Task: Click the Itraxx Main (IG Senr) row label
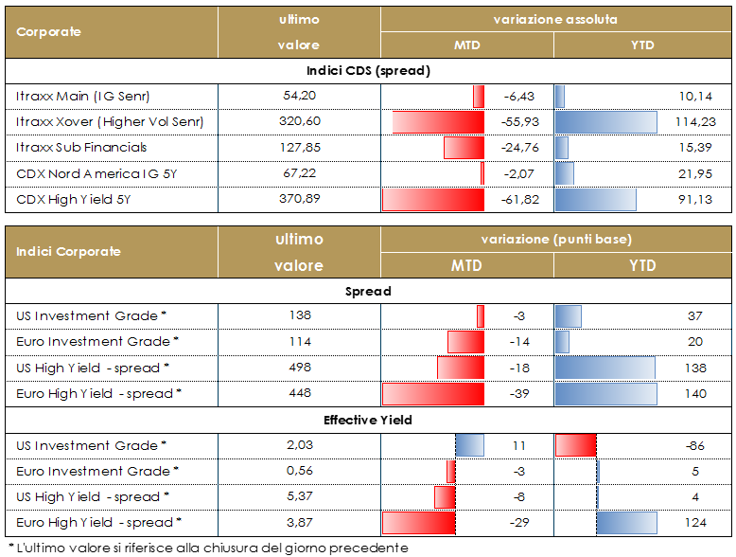tap(83, 97)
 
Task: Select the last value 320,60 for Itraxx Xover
tap(301, 122)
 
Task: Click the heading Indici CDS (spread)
tap(368, 71)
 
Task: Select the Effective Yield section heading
tap(368, 420)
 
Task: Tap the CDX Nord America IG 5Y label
tap(98, 174)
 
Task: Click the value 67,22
tap(300, 174)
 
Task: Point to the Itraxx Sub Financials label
tap(82, 148)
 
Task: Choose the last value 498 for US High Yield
tap(300, 368)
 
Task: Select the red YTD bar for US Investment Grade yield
tap(575, 445)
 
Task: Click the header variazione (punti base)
tap(557, 239)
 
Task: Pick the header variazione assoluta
tap(556, 19)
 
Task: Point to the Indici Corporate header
tap(68, 252)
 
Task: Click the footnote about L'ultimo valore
tap(207, 548)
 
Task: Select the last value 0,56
tap(300, 471)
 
